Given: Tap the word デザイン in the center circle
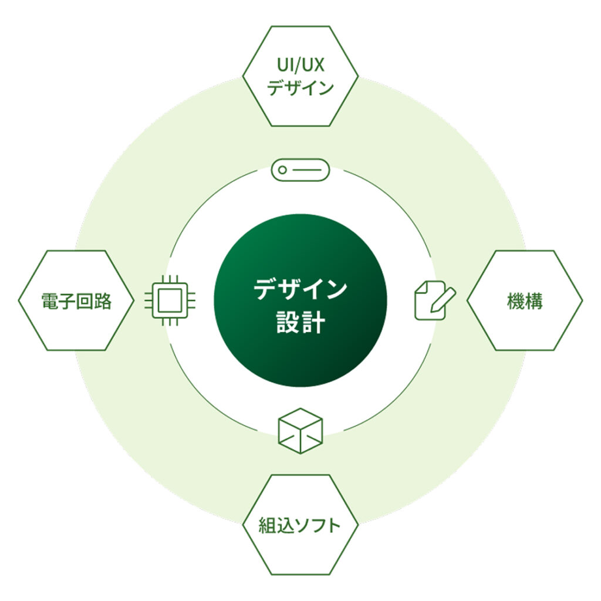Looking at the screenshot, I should click(300, 289).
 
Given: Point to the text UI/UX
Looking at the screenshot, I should click(300, 63).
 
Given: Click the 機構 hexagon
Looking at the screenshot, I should click(525, 300).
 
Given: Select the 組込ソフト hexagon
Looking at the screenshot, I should click(300, 524).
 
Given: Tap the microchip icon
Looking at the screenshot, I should click(170, 300).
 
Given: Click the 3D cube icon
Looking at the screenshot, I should click(300, 431).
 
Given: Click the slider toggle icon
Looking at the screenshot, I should click(300, 170).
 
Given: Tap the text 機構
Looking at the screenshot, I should click(525, 301).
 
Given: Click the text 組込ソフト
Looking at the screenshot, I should click(300, 525).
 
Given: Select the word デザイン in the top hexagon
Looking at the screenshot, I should click(300, 88).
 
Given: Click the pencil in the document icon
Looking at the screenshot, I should click(443, 297).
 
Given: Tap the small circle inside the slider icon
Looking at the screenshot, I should click(283, 170).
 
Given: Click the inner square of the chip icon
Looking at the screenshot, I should click(170, 300).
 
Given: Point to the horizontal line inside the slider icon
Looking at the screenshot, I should click(308, 170).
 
